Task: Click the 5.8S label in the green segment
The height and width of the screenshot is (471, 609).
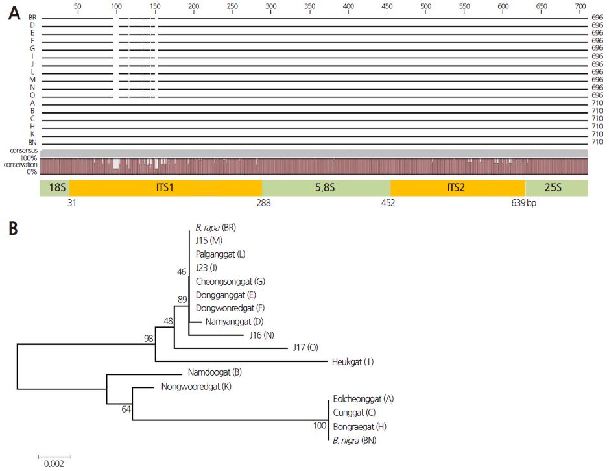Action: click(326, 187)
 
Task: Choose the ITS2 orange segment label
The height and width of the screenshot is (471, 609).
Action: click(457, 187)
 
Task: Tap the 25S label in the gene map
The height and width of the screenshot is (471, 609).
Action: click(556, 187)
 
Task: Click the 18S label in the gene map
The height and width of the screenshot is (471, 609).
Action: click(54, 187)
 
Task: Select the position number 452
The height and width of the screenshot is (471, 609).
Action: click(390, 203)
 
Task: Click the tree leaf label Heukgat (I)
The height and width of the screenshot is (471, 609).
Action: click(353, 361)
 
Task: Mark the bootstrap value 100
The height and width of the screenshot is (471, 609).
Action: click(318, 426)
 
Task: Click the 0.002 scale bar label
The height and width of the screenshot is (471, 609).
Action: click(50, 464)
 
